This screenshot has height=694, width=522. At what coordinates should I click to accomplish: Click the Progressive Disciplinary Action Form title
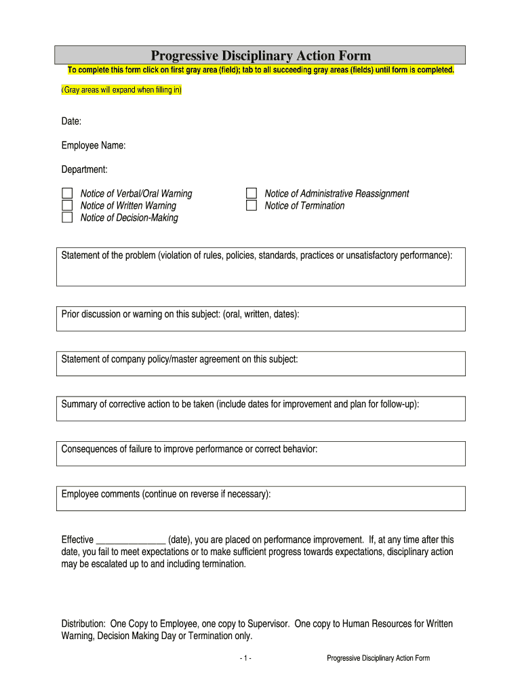(x=260, y=56)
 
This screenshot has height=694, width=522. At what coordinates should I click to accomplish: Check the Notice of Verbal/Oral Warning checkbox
(x=67, y=194)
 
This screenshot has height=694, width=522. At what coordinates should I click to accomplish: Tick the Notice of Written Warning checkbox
(x=67, y=205)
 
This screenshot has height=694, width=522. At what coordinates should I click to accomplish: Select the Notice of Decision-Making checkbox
(x=67, y=218)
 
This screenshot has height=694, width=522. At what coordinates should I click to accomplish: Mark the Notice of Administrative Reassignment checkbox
(x=252, y=194)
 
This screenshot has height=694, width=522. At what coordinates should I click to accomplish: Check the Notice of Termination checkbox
(x=252, y=205)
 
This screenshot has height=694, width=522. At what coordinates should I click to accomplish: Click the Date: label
(x=71, y=121)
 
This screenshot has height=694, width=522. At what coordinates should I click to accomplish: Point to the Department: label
(x=84, y=169)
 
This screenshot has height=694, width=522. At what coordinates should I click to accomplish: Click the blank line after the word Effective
(x=131, y=540)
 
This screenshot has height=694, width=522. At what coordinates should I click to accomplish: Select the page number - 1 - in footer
(x=245, y=658)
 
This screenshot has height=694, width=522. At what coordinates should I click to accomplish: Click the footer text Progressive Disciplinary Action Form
(x=378, y=658)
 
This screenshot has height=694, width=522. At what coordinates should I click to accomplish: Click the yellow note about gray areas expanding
(x=121, y=90)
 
